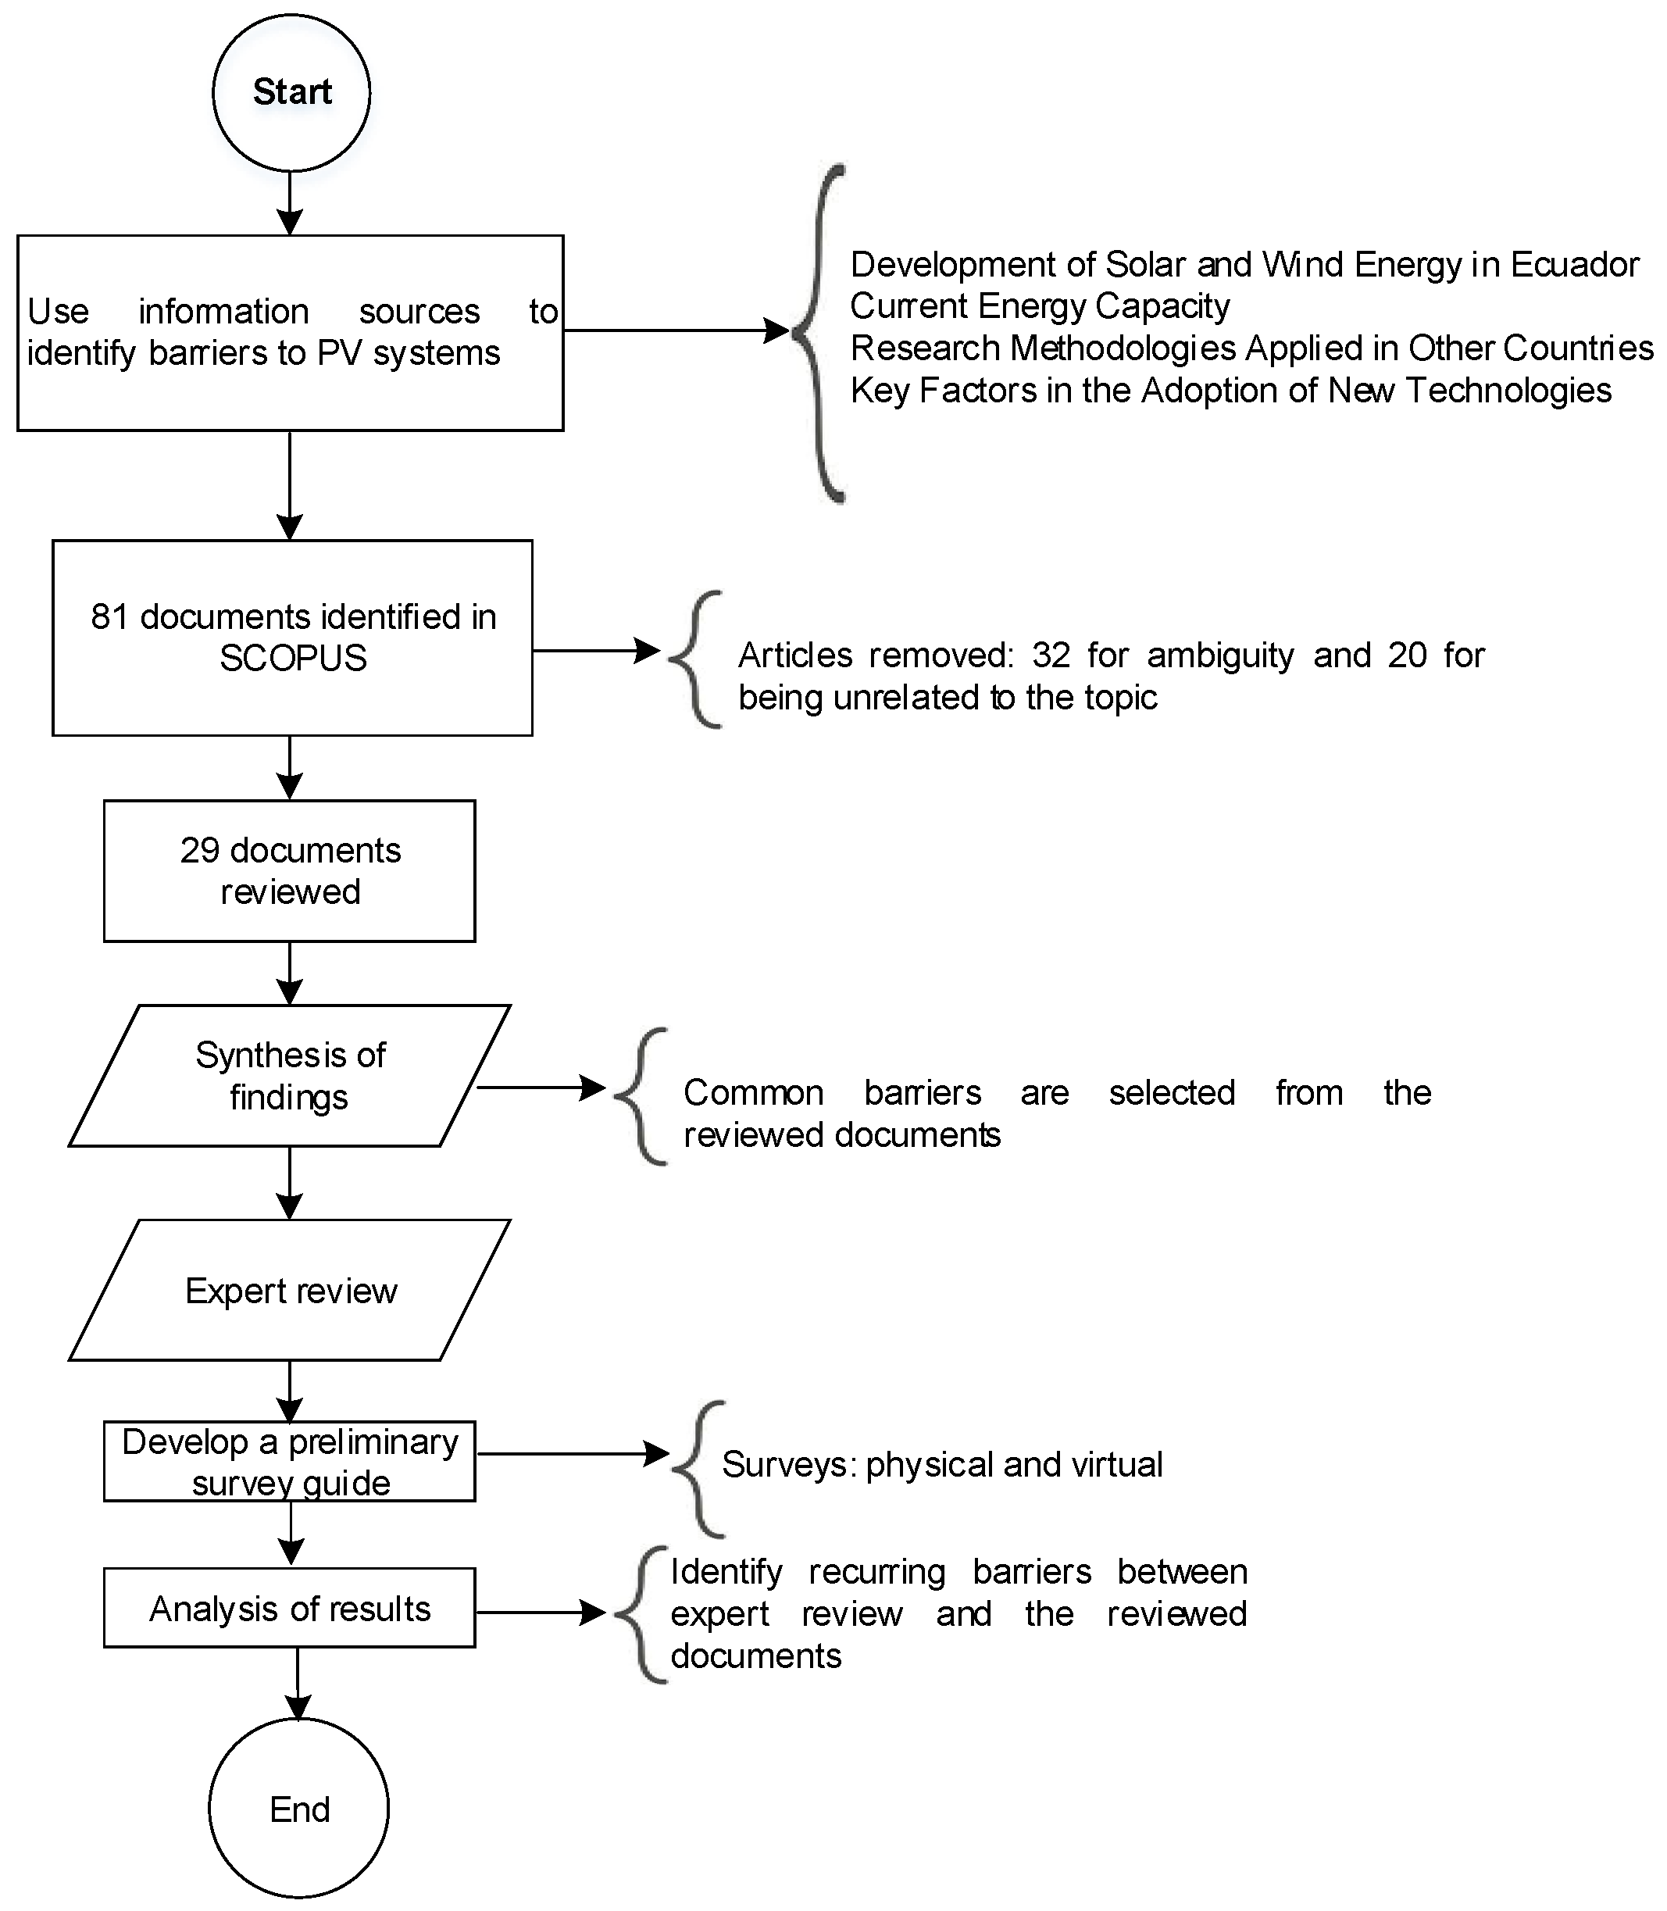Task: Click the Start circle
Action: pos(291,92)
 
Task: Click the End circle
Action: pos(298,1808)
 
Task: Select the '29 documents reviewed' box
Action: pos(289,871)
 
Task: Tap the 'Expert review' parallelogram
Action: pos(289,1291)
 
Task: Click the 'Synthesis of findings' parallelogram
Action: pos(289,1076)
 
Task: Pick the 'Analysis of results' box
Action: pos(289,1609)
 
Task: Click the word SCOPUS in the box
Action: pos(293,659)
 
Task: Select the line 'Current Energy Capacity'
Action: pos(1039,306)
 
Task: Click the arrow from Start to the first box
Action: pos(291,204)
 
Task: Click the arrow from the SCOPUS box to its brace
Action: pos(595,650)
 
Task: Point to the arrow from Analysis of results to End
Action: pos(298,1683)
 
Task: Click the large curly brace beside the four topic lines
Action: pos(819,332)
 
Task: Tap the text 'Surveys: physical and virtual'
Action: pos(941,1464)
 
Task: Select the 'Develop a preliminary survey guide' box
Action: pos(289,1462)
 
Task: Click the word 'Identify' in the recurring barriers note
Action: pos(726,1571)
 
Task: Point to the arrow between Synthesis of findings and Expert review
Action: pos(291,1181)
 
